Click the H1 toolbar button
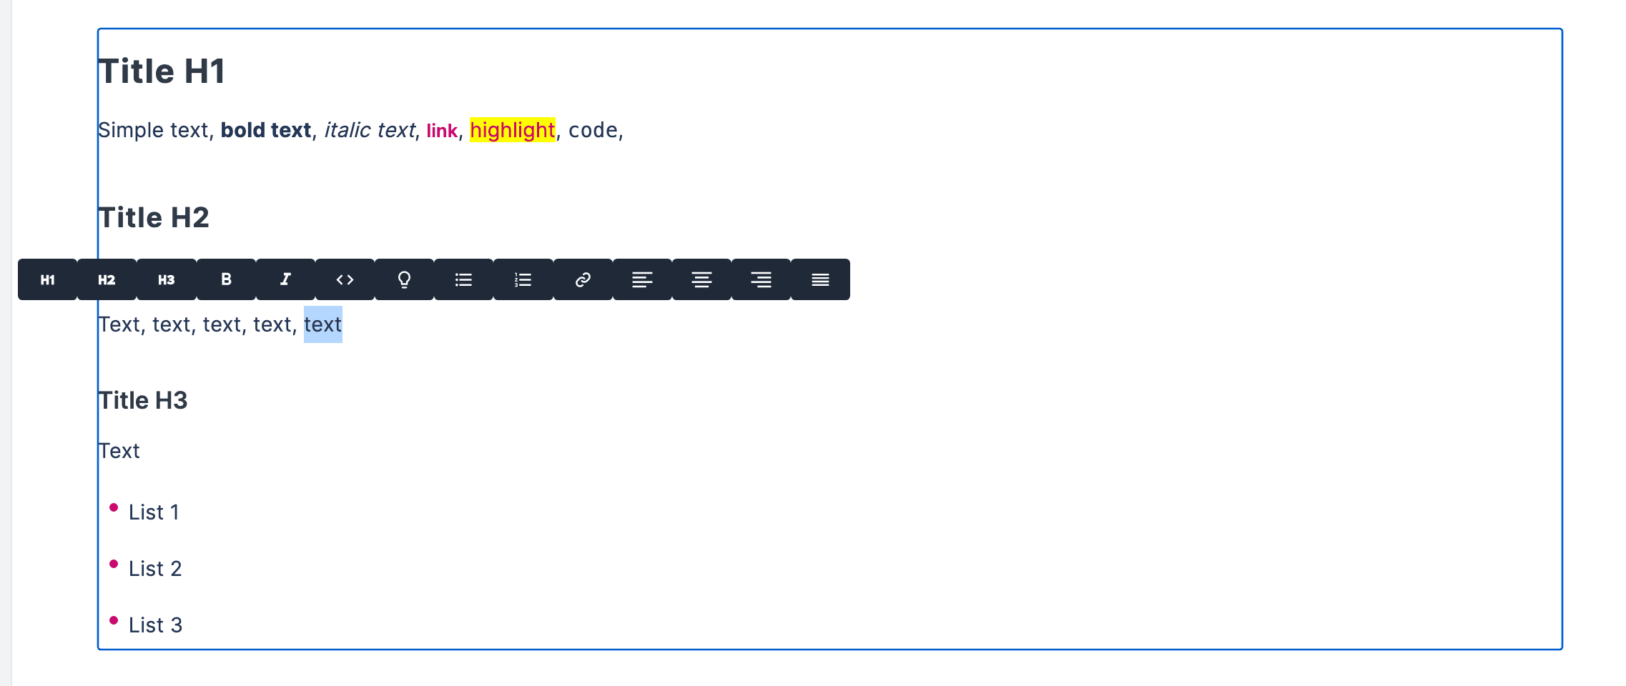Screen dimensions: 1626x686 pos(47,279)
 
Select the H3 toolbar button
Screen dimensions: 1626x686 pos(167,279)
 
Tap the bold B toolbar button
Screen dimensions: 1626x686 pos(226,279)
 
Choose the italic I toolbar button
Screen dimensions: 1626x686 pos(285,279)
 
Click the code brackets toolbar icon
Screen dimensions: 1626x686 pos(345,279)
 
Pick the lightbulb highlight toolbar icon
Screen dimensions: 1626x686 pos(404,279)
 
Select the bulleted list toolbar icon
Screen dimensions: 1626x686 pos(463,279)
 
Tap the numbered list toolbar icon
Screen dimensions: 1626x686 pos(523,279)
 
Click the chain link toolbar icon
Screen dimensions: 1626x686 pos(583,279)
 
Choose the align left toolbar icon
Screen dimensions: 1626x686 pos(642,279)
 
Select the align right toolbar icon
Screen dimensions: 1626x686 pos(761,279)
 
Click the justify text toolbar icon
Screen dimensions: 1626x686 pos(820,279)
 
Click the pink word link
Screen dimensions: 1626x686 pos(442,131)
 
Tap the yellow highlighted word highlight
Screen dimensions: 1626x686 pos(513,130)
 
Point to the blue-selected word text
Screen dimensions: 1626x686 pos(323,324)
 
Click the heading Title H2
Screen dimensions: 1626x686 pos(154,217)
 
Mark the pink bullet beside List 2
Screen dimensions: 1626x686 pos(114,564)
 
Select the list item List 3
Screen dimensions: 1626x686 pos(155,625)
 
